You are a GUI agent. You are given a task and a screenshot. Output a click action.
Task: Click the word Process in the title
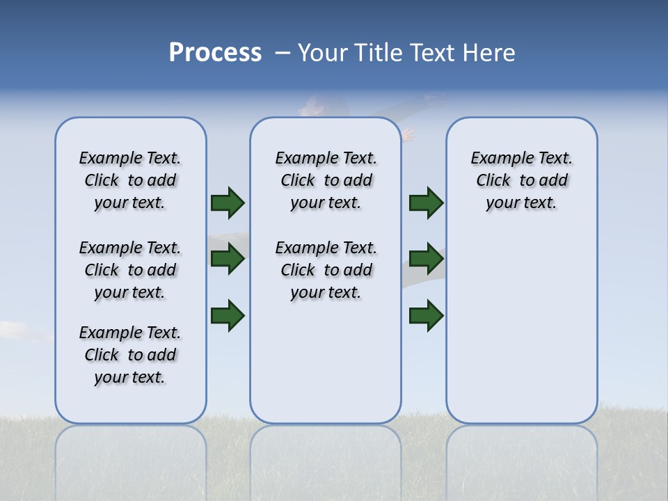point(215,53)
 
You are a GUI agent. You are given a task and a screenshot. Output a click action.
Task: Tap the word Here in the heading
point(489,53)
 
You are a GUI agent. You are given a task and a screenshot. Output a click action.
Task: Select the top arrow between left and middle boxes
point(228,203)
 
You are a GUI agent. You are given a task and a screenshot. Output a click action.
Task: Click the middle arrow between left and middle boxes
point(228,259)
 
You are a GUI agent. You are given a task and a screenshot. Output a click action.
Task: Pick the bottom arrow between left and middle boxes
point(228,315)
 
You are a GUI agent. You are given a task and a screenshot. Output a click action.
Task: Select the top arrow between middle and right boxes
point(426,203)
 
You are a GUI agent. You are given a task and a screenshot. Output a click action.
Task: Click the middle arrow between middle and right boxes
point(426,259)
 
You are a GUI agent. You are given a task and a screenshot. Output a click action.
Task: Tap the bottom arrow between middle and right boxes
point(426,315)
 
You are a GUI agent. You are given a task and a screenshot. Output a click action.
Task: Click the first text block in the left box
point(130,180)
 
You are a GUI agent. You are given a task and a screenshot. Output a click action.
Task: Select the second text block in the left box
point(130,270)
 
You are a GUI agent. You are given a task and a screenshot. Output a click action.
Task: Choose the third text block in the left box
point(130,355)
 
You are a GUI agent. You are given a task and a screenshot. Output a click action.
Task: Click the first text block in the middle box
point(326,180)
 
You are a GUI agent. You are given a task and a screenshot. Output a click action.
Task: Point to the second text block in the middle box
point(326,270)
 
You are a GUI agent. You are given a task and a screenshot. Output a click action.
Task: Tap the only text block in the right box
point(522,180)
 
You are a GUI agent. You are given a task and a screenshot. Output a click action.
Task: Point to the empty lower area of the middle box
point(326,362)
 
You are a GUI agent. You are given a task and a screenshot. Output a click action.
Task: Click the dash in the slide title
point(283,53)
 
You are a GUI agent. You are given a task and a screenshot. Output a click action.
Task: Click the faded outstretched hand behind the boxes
point(408,134)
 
